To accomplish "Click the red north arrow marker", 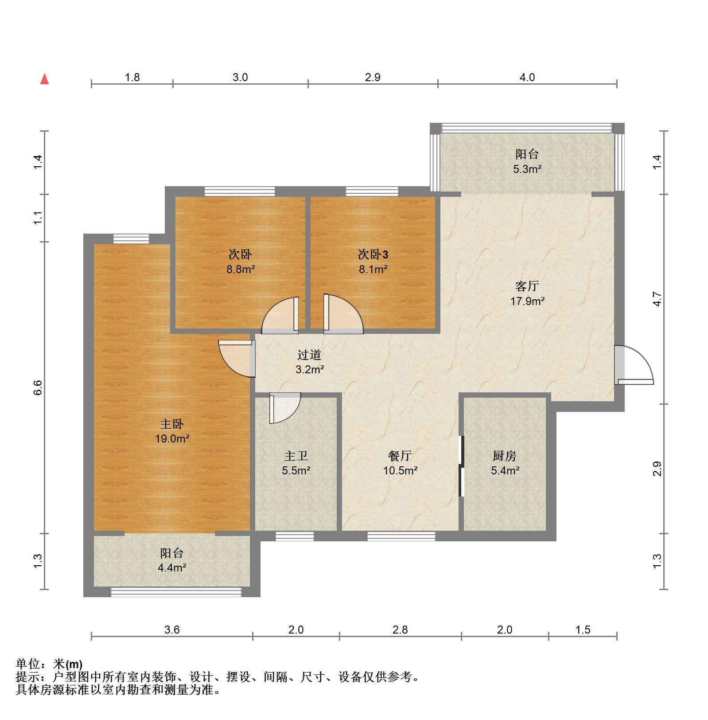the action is coord(44,79).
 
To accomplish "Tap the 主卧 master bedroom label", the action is coord(171,424).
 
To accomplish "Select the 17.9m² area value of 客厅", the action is coord(527,301).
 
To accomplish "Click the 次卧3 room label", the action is coord(373,254).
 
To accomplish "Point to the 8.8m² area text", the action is coord(241,269).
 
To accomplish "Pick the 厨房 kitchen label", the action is coord(504,456).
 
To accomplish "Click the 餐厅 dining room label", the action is coord(400,456).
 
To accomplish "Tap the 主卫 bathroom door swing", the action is coord(285,408).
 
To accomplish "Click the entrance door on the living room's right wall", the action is coord(634,364).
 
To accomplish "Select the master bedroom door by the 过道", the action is coord(237,358).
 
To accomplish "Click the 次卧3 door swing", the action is coord(343,314).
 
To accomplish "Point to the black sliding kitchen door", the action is coord(461,466).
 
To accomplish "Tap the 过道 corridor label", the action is coord(309,355).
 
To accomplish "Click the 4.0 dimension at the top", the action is coord(527,77).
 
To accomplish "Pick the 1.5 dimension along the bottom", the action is coord(583,630).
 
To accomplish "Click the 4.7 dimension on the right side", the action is coord(657,299).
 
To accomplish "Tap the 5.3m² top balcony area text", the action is coord(527,168).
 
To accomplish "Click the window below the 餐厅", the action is coord(401,536).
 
